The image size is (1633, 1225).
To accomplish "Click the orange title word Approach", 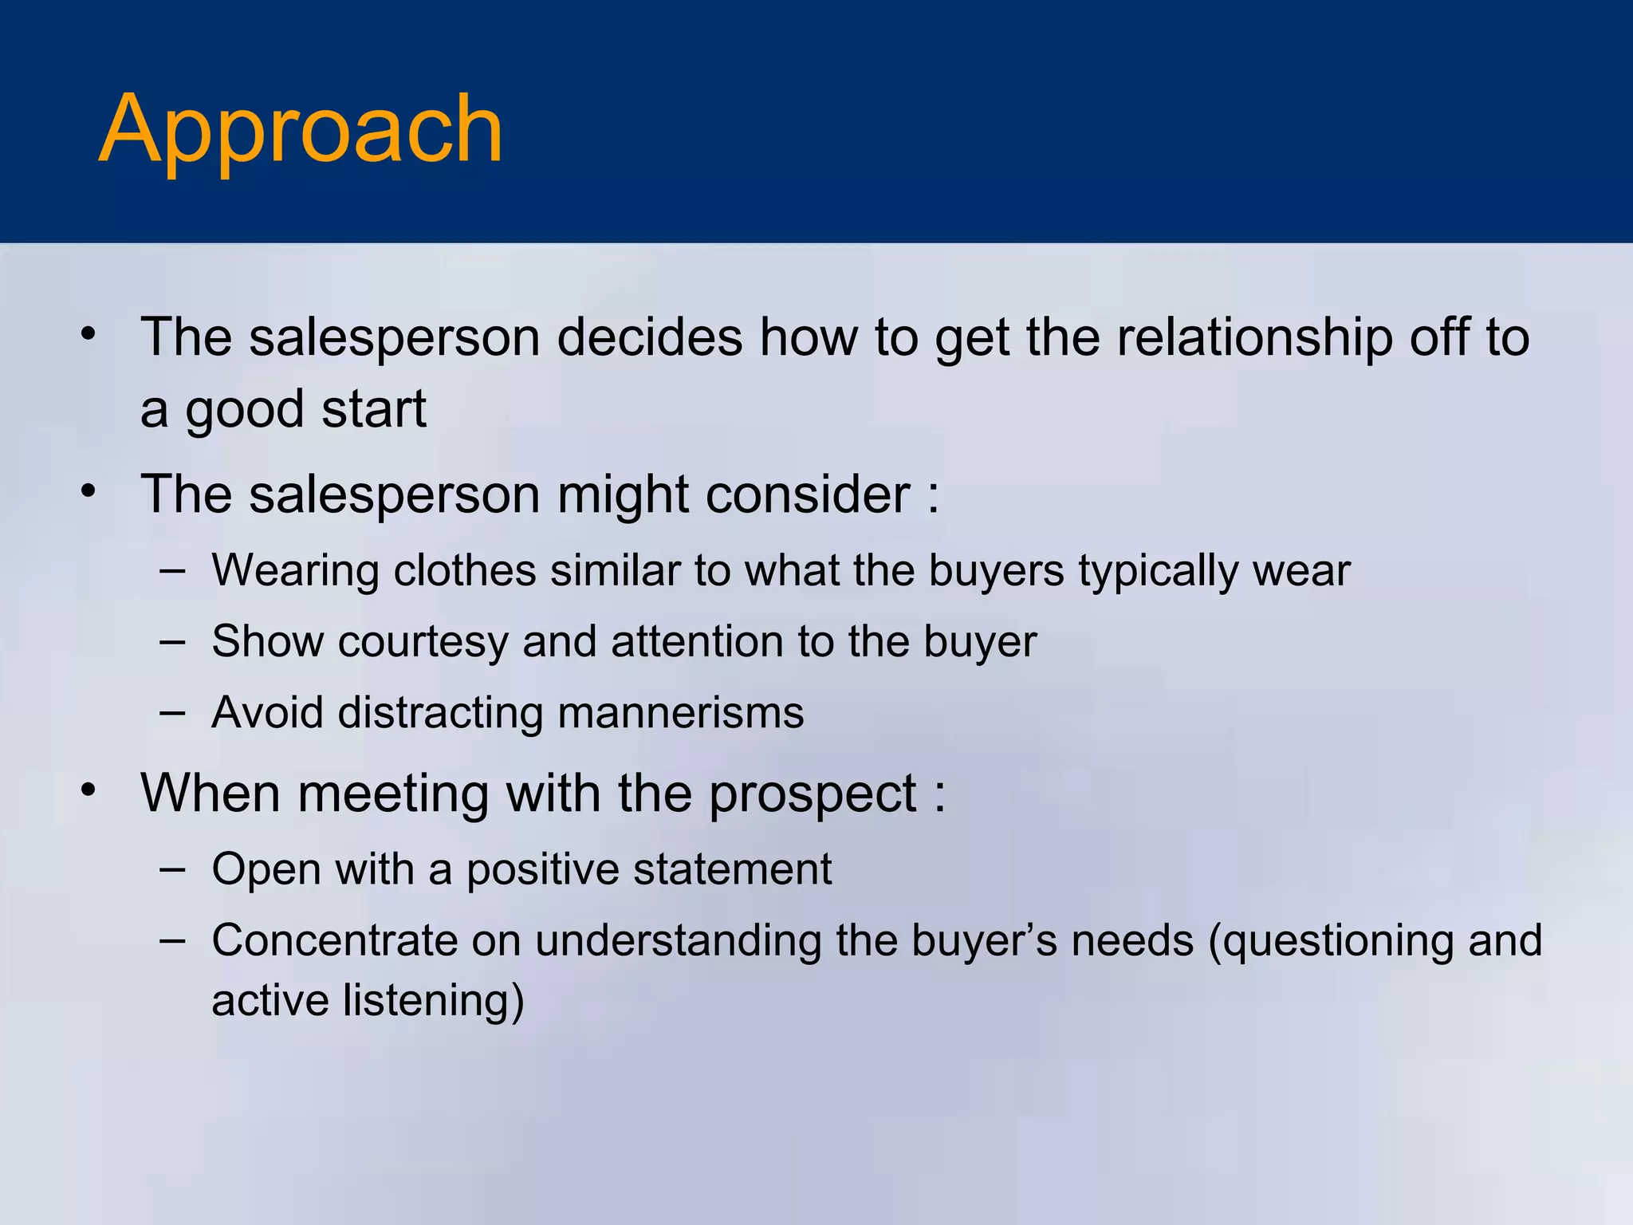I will (x=301, y=130).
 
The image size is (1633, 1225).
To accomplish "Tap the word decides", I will (x=649, y=337).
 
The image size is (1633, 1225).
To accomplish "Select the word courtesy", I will (x=423, y=642).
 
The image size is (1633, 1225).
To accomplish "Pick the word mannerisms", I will (x=681, y=712).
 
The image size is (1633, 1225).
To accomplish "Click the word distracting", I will (x=440, y=712).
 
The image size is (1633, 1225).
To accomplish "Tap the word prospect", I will (x=812, y=794).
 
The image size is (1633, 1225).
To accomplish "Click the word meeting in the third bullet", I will (x=392, y=794).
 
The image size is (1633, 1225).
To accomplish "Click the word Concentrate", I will (x=334, y=940).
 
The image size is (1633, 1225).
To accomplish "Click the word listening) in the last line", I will (x=434, y=1001).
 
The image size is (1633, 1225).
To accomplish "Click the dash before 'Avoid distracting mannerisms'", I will (x=172, y=711).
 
